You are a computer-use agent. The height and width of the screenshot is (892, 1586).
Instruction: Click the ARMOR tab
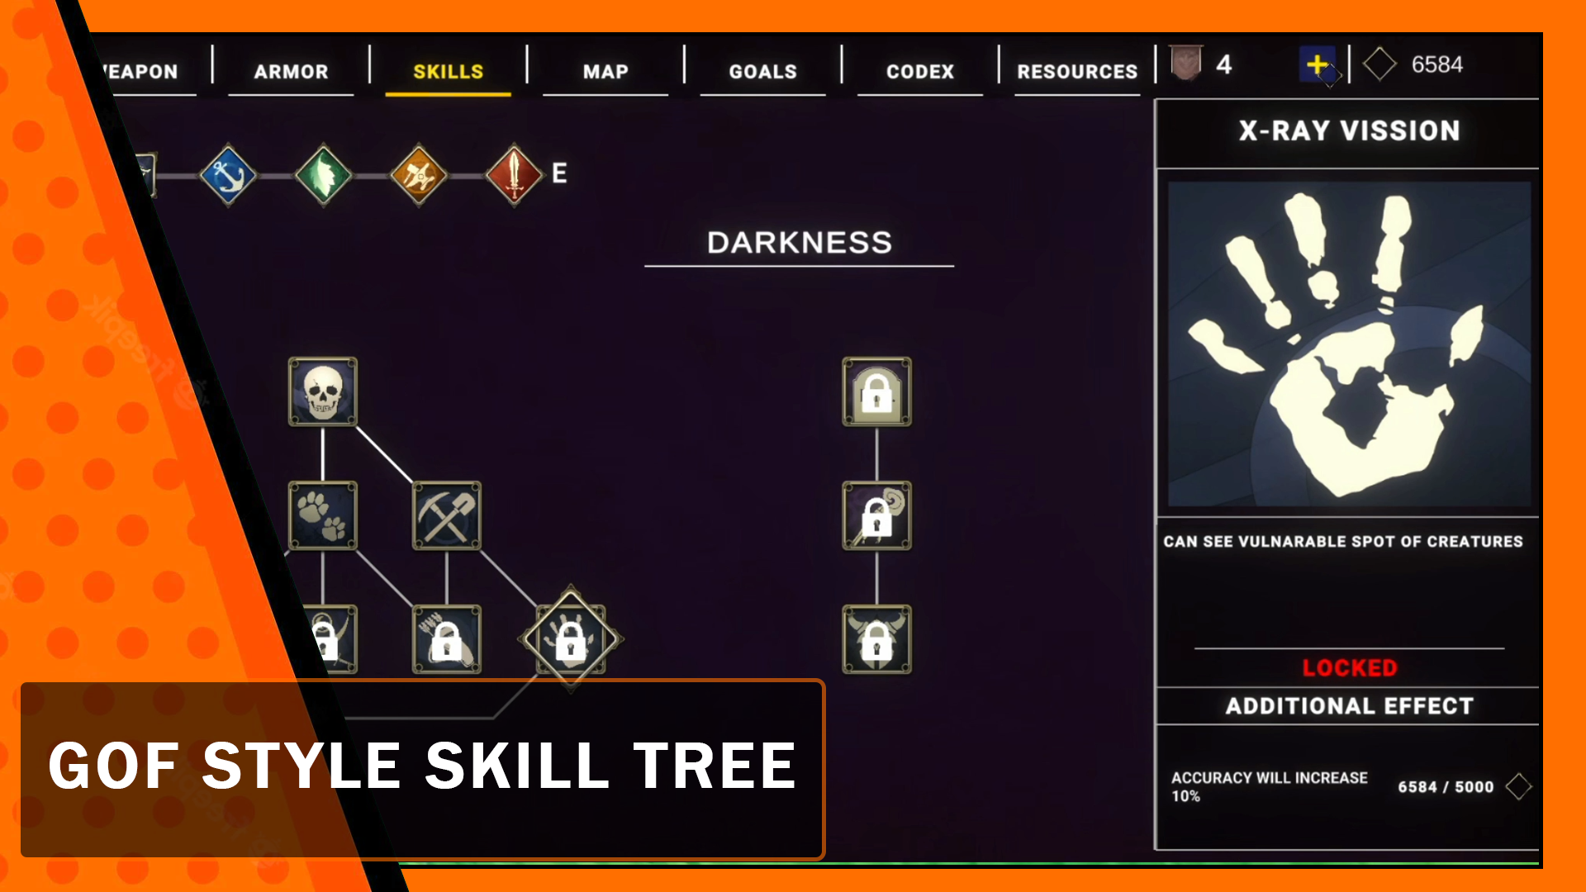[x=291, y=72]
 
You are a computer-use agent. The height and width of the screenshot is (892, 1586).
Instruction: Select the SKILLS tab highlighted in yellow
[x=448, y=72]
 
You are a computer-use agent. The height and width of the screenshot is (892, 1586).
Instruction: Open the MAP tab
[x=605, y=72]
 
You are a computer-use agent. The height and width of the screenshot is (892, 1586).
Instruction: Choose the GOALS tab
[x=762, y=72]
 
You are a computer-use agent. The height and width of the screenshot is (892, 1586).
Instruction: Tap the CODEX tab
[x=920, y=72]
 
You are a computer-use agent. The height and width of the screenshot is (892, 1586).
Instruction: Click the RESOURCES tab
[x=1077, y=72]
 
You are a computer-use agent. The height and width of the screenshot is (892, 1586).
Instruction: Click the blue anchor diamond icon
[x=228, y=175]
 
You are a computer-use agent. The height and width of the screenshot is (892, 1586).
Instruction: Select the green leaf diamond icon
[x=324, y=175]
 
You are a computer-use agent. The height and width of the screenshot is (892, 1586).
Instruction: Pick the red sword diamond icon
[x=514, y=175]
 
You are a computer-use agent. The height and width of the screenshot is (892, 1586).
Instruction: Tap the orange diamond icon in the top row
[x=419, y=175]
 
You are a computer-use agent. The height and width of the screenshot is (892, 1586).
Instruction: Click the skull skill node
[x=323, y=391]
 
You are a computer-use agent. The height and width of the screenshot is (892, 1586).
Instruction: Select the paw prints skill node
[x=323, y=515]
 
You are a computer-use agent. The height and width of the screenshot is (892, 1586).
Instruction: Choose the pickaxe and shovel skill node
[x=447, y=515]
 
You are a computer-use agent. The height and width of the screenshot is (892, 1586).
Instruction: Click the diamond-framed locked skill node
[x=571, y=639]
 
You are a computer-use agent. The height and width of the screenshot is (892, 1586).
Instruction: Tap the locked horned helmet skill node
[x=876, y=639]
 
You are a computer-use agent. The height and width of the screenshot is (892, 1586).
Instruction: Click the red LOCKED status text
[x=1349, y=667]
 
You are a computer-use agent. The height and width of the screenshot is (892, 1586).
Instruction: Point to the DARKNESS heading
[x=799, y=243]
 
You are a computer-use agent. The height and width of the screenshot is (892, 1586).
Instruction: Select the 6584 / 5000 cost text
[x=1446, y=787]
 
